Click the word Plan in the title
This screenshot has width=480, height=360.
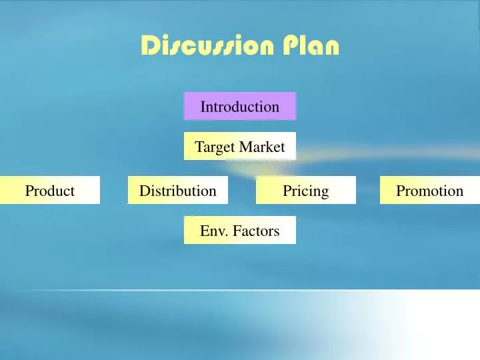[x=311, y=46]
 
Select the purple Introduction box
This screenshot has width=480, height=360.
[x=240, y=106]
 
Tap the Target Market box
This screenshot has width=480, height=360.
[x=240, y=146]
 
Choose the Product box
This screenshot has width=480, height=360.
[x=50, y=190]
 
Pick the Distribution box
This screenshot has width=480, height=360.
[x=178, y=190]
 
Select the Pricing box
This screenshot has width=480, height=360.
[x=306, y=190]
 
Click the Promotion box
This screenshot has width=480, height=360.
[x=430, y=190]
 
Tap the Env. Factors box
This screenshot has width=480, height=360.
[x=240, y=230]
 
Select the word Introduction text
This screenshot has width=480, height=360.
[x=240, y=107]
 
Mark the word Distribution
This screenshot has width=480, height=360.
[x=178, y=191]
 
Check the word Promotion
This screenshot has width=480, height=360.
[x=430, y=191]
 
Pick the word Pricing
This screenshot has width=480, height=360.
[x=306, y=191]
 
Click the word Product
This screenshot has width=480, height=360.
[x=50, y=191]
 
